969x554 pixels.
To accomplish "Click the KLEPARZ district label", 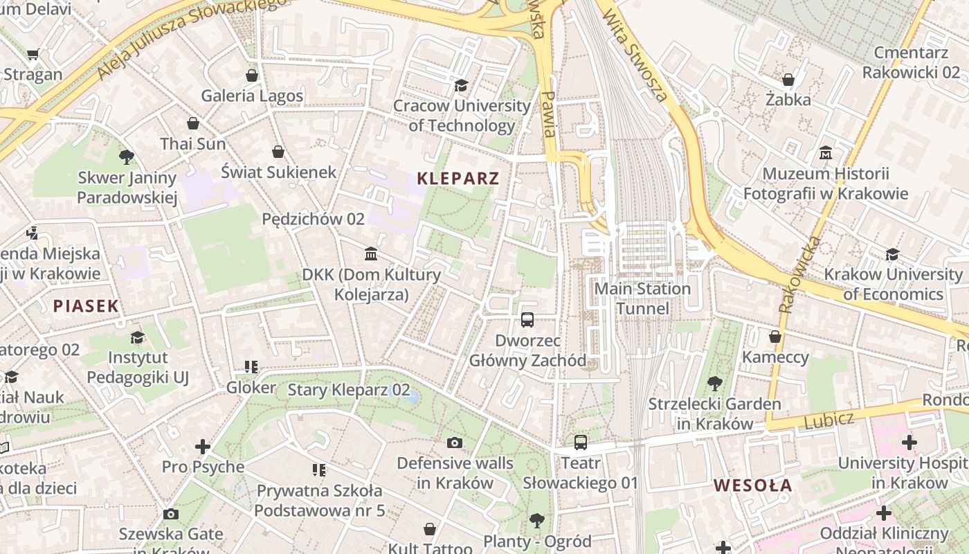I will [458, 179].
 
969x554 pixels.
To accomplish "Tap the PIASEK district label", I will [86, 305].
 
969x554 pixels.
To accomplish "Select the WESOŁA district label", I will [753, 485].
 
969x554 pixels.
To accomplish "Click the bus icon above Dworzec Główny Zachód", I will [527, 319].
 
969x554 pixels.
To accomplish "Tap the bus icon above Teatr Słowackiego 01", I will [580, 442].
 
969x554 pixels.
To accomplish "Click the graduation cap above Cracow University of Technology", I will [461, 85].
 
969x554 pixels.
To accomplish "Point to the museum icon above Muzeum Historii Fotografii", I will [825, 152].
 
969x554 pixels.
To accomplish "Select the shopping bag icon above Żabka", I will [788, 80].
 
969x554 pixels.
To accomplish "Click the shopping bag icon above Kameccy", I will [775, 337].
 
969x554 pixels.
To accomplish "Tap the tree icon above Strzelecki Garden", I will [715, 383].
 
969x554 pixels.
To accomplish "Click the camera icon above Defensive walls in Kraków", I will [455, 443].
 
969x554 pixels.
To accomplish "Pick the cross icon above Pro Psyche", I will [203, 446].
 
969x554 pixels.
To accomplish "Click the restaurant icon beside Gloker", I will [251, 367].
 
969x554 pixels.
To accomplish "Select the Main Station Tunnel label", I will [642, 298].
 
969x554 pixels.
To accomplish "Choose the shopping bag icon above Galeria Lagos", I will [252, 75].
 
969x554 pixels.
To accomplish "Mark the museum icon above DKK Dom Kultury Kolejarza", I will [371, 254].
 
